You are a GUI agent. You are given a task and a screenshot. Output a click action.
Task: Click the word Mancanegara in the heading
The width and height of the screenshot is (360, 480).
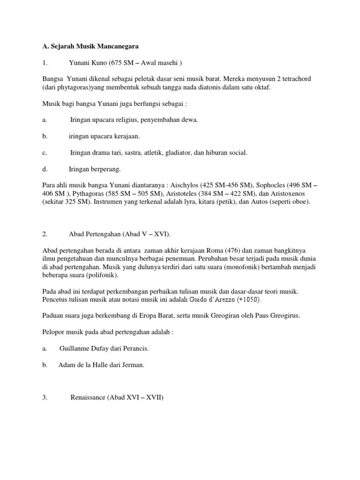(117, 46)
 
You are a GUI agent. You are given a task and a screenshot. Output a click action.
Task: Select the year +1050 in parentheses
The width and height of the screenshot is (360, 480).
(246, 300)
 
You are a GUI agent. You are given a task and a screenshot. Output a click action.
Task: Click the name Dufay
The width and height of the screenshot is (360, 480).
(103, 348)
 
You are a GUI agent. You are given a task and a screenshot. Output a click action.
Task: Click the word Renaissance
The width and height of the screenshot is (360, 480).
(88, 397)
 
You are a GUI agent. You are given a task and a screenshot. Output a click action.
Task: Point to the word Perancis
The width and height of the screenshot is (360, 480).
(140, 348)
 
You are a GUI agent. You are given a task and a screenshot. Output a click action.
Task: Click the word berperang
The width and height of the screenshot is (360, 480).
(105, 169)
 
